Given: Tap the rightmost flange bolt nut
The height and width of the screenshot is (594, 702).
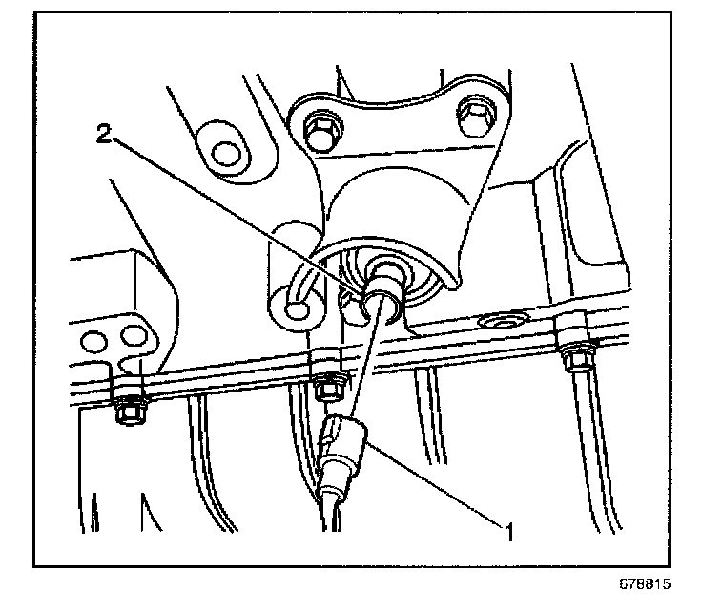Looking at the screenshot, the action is pos(577,359).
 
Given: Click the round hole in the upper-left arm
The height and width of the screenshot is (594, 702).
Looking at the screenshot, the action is pos(225,152).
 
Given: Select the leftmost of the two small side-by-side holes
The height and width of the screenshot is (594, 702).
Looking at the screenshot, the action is pos(94,340).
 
